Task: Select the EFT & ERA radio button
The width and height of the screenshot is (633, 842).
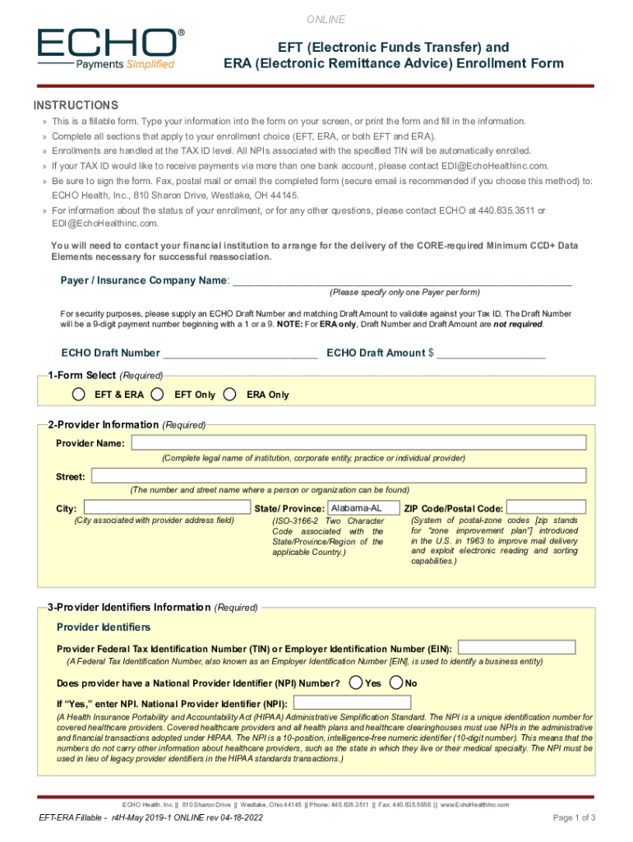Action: coord(78,394)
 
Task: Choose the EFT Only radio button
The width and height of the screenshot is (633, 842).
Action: coord(157,394)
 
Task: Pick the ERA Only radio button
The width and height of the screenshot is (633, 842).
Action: coord(231,394)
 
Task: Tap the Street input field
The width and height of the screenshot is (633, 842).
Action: coord(339,476)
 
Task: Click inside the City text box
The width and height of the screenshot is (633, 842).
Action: coord(167,507)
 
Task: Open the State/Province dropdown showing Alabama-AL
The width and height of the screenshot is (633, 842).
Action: coord(364,507)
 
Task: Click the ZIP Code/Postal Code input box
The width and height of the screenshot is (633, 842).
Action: coord(546,507)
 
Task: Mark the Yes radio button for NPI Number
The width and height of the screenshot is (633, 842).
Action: coord(355,682)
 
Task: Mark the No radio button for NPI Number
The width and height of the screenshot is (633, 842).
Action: coord(396,682)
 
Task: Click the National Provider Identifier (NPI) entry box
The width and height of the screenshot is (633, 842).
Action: coord(352,703)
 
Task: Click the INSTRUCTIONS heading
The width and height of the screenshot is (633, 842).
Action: coord(76,105)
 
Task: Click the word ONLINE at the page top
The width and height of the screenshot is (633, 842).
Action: coord(326,20)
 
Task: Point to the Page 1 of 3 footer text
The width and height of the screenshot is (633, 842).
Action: coord(574,817)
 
